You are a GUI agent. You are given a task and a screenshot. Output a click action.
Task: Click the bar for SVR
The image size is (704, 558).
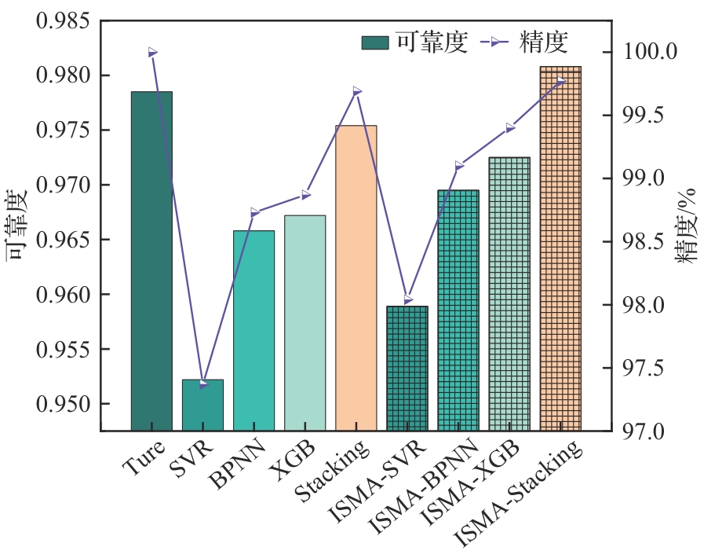click(202, 405)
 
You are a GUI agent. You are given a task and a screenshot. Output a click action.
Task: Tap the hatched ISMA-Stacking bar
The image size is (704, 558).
click(560, 248)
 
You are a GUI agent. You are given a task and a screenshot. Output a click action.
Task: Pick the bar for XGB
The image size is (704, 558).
click(305, 322)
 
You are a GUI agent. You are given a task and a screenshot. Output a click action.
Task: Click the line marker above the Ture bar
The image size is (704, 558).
click(152, 53)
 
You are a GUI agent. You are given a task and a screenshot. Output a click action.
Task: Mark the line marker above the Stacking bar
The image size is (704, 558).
click(357, 91)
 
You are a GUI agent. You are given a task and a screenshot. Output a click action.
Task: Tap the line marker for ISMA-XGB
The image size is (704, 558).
click(510, 127)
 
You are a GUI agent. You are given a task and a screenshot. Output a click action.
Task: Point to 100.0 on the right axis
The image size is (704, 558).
click(651, 53)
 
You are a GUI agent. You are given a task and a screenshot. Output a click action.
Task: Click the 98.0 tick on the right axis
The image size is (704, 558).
click(651, 305)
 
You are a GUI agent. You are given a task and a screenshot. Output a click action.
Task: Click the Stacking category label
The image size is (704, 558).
click(332, 471)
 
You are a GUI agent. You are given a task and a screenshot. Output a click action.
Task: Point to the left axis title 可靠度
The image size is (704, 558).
click(19, 225)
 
